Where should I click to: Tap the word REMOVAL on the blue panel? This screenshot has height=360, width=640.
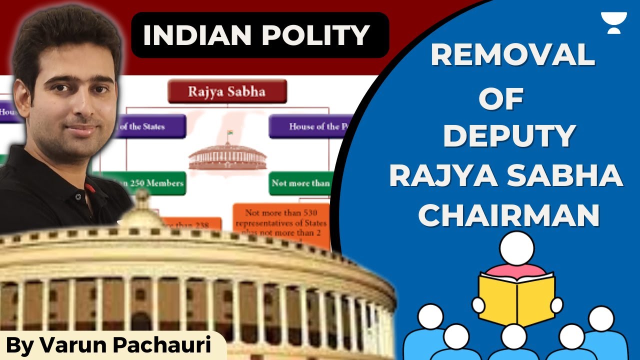tap(512, 56)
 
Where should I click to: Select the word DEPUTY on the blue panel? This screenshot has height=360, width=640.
tap(509, 137)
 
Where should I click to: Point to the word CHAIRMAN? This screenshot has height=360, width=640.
tap(509, 216)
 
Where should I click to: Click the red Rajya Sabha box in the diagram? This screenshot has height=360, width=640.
tap(227, 91)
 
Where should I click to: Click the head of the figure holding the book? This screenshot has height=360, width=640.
tap(517, 248)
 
